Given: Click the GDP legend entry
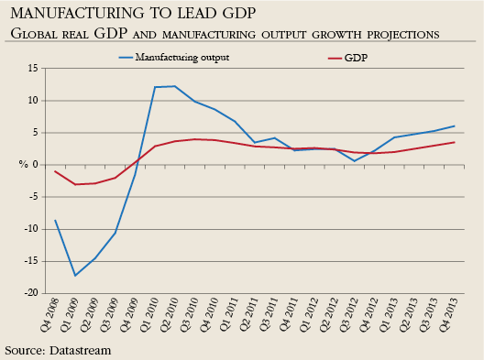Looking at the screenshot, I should pyautogui.click(x=357, y=57).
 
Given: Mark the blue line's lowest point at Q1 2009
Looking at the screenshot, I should pyautogui.click(x=75, y=276).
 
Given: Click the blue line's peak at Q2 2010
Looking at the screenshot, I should pyautogui.click(x=175, y=86).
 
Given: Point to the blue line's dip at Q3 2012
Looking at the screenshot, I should pyautogui.click(x=355, y=161).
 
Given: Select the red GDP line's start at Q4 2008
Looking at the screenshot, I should pyautogui.click(x=55, y=171).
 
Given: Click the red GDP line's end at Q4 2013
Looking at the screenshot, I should pyautogui.click(x=455, y=142).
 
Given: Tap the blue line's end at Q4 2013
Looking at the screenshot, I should pyautogui.click(x=455, y=126).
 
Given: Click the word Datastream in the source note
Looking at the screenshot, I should pyautogui.click(x=80, y=350).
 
